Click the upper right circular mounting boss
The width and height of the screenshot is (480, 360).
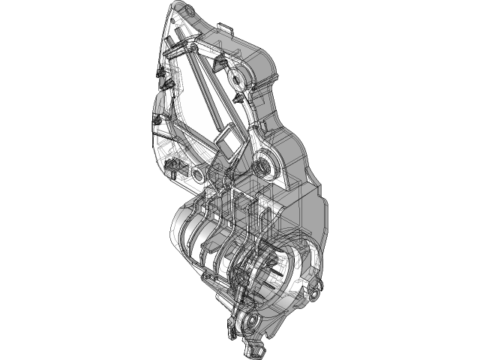pos(241,77)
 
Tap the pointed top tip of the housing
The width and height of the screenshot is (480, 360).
pos(176,6)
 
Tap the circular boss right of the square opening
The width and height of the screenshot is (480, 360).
pos(263,163)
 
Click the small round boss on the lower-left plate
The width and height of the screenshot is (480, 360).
pos(199,174)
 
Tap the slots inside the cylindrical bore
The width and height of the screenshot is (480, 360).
pos(277,266)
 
